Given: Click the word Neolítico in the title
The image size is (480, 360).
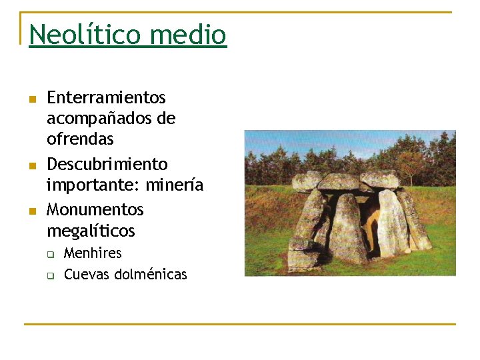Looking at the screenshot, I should click(85, 34).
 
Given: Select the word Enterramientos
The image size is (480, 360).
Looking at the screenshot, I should click(106, 97).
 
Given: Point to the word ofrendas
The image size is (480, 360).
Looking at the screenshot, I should click(80, 139).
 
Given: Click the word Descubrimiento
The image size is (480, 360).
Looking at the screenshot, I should click(107, 164).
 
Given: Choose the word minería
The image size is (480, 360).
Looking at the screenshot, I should click(175, 185).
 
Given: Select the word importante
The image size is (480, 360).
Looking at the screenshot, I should click(93, 185).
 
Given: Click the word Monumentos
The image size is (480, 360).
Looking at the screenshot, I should click(95, 209).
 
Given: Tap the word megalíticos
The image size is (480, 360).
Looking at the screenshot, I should click(91, 231).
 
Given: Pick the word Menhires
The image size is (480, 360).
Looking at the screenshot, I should click(93, 253).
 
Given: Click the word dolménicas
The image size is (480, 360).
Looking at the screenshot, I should click(151, 274).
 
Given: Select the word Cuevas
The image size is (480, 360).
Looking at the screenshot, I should click(87, 274).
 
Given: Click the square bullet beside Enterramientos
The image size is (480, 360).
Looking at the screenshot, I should click(31, 99).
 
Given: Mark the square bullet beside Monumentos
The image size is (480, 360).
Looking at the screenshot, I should click(31, 211).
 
